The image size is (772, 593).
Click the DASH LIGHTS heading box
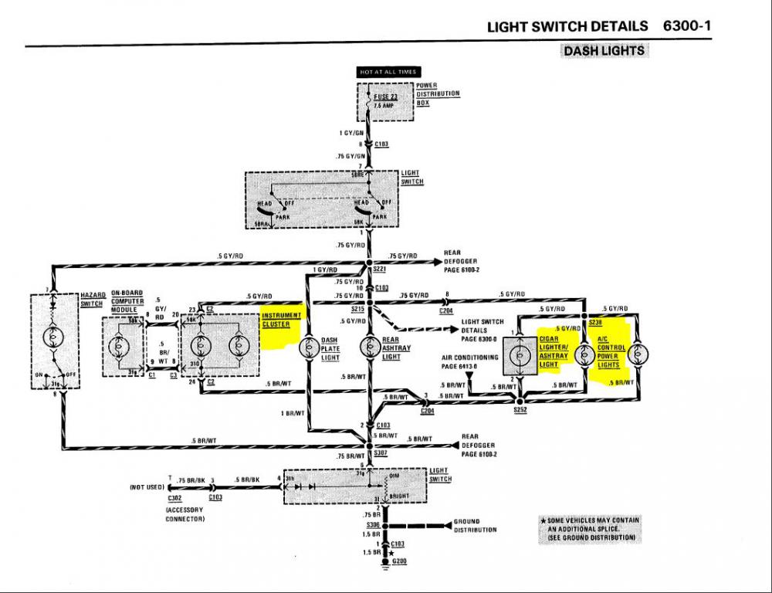pos(604,51)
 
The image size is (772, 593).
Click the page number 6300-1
pos(686,25)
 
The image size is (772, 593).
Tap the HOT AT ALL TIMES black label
pos(387,72)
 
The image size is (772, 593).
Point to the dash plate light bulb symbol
pos(309,345)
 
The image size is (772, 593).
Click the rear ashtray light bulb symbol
pos(369,345)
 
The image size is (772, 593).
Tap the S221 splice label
pos(379,269)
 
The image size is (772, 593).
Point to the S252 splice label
pos(520,409)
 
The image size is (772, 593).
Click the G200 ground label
pos(399,561)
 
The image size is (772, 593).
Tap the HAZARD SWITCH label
pos(93,299)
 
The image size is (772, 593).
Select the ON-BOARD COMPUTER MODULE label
pos(127,301)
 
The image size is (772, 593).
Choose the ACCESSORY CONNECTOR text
pos(184,514)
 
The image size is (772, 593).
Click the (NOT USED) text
pos(145,488)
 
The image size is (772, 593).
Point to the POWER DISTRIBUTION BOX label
pos(438,93)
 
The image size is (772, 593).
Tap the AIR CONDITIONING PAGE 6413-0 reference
pos(469,361)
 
